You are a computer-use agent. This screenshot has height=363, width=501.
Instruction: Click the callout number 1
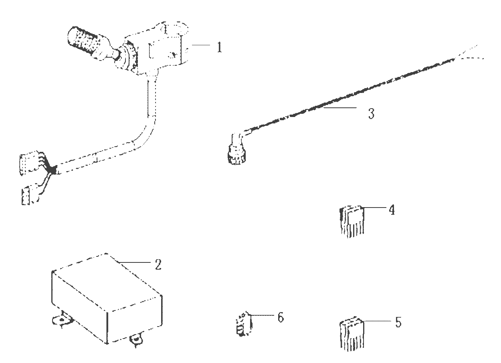click(x=219, y=47)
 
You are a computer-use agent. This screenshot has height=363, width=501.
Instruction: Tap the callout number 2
click(x=158, y=264)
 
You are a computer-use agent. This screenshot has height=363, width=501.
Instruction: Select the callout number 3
click(x=371, y=113)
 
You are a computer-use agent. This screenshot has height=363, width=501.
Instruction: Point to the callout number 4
click(x=392, y=210)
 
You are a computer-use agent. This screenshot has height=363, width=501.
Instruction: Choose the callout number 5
click(x=398, y=322)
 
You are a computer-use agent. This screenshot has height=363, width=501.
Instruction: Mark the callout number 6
click(x=281, y=317)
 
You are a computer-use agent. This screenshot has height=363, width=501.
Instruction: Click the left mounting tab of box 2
click(x=62, y=320)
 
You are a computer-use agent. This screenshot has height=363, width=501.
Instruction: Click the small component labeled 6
click(x=244, y=323)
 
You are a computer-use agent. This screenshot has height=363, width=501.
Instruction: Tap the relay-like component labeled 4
click(x=352, y=221)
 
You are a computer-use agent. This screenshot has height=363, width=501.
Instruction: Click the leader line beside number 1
click(x=201, y=45)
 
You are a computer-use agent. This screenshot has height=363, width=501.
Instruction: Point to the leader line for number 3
click(x=340, y=108)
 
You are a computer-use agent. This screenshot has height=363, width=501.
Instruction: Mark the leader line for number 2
click(x=134, y=262)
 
